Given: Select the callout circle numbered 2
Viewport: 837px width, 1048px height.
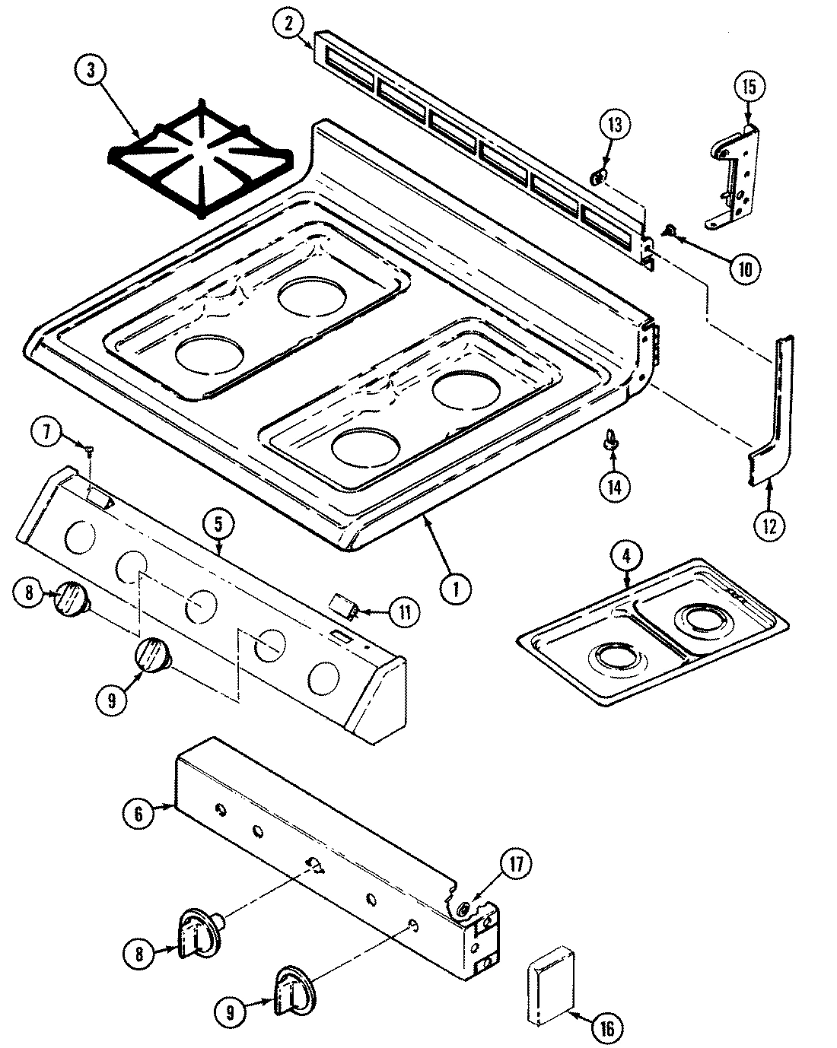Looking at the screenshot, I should pos(288,25).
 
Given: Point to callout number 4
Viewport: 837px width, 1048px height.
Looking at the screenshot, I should pos(625,557).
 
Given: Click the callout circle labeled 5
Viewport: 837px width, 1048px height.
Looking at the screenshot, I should pos(218,524).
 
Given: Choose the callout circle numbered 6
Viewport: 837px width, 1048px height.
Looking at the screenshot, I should pos(138,812).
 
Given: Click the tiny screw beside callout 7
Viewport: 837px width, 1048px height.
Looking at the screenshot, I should pos(90,452).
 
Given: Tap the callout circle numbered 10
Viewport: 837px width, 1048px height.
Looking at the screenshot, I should pos(744,267).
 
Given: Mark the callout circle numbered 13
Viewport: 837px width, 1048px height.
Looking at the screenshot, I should pos(614,126).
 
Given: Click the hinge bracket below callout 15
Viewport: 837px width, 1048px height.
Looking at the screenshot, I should pos(735,177).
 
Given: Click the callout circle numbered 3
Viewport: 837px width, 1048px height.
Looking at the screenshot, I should pos(91,71).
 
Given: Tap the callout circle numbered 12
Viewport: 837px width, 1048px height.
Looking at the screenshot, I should pos(769,525).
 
